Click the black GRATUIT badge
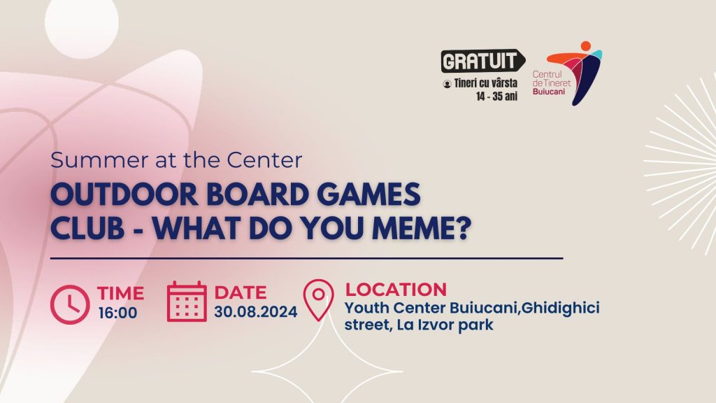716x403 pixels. (x=482, y=61)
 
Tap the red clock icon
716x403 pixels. (x=70, y=304)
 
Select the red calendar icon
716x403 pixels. (x=187, y=302)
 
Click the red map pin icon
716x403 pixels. (x=319, y=299)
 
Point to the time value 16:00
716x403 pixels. (x=117, y=313)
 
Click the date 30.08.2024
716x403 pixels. (x=256, y=311)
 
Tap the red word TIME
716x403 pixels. (x=120, y=293)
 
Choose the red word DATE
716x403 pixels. (x=241, y=292)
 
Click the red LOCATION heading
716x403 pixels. (x=396, y=289)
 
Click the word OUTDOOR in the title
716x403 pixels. (x=124, y=195)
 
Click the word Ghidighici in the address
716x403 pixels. (x=560, y=308)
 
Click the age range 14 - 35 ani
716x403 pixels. (x=497, y=97)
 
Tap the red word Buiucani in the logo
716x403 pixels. (x=548, y=92)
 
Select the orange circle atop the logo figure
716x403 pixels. (x=585, y=46)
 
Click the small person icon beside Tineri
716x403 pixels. (x=447, y=84)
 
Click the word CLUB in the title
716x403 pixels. (x=87, y=228)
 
